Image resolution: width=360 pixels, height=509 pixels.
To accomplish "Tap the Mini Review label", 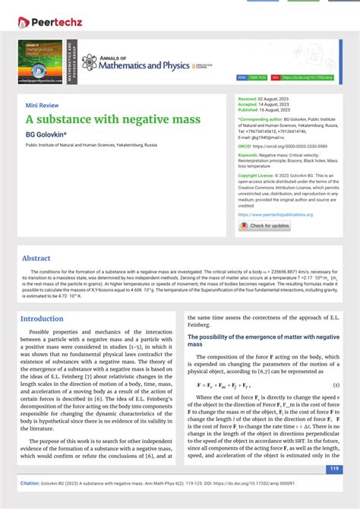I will (x=42, y=106).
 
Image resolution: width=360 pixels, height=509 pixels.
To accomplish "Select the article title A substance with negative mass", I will (x=113, y=119).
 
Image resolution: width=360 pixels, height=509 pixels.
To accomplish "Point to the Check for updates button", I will (x=264, y=226).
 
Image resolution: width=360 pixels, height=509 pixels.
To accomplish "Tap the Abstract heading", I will (x=36, y=258).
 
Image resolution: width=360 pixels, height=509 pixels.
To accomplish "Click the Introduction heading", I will (x=42, y=319).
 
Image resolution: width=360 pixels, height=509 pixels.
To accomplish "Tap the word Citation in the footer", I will (x=33, y=482).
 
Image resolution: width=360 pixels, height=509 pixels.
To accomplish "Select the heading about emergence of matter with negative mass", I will (x=263, y=340).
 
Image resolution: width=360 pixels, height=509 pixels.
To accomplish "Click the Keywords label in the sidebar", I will (x=251, y=155).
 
